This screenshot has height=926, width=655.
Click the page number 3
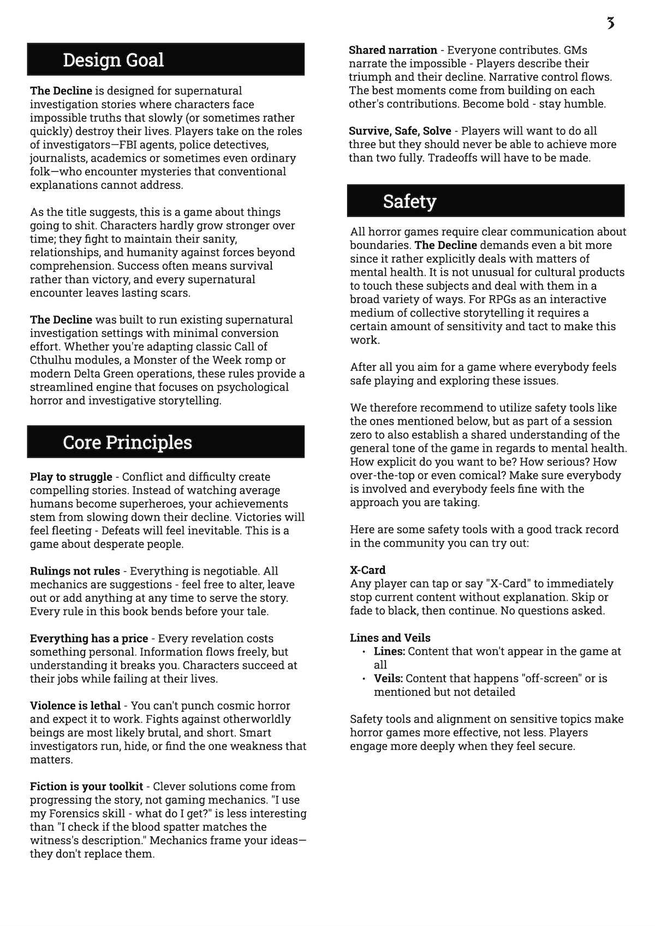(610, 23)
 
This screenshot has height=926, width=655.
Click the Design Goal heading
(114, 59)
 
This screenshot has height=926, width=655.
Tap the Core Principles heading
(127, 442)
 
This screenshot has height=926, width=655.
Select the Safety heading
(409, 201)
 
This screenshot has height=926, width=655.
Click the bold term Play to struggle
(71, 477)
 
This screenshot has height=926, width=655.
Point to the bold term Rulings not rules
(75, 571)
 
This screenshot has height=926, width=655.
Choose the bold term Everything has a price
(89, 638)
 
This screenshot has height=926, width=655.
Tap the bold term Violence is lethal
(75, 706)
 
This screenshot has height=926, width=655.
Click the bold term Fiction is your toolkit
(86, 787)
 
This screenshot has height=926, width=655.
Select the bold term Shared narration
(393, 50)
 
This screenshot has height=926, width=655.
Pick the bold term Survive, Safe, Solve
(400, 131)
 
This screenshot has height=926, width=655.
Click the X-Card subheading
(368, 570)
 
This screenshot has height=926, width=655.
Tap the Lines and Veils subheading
(390, 638)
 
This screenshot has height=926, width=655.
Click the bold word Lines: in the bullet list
(389, 652)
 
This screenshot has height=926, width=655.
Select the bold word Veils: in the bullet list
(388, 679)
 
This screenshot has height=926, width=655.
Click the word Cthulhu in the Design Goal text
(52, 360)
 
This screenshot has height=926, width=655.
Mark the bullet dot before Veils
(364, 679)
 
